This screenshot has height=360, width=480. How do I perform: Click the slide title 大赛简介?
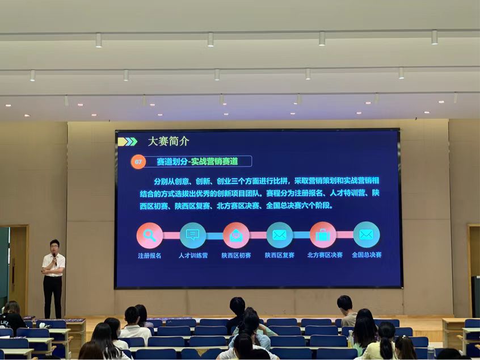tap(169, 141)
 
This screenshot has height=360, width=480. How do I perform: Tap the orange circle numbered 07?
tap(138, 162)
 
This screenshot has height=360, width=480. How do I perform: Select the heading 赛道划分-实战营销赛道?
tap(197, 161)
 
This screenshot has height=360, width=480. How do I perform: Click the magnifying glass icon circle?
tap(150, 235)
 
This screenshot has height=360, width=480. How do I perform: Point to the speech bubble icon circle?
tap(193, 235)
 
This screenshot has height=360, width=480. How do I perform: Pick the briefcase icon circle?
tap(323, 235)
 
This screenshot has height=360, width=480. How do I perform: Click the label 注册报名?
tap(149, 256)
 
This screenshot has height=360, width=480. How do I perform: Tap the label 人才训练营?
tap(193, 255)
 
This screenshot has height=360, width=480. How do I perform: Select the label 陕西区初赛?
tap(237, 255)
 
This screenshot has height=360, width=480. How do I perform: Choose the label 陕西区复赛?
tap(280, 255)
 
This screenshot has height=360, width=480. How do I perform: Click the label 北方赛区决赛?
tap(325, 254)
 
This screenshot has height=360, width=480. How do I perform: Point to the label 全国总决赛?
tap(367, 254)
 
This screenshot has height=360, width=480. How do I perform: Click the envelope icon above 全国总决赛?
tap(367, 235)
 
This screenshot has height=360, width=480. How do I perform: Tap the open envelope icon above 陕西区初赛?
tap(236, 235)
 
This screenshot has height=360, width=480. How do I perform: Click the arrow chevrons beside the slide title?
tap(128, 141)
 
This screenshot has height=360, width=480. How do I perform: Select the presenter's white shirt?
tap(53, 265)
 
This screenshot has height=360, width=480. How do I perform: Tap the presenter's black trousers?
tap(53, 296)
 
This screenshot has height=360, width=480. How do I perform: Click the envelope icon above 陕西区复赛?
tap(280, 235)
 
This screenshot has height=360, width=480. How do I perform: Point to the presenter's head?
tap(54, 246)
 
